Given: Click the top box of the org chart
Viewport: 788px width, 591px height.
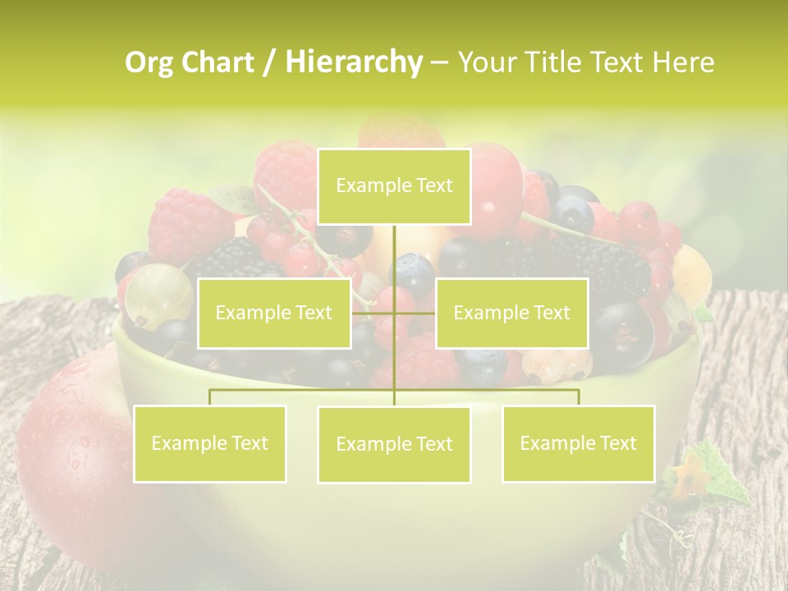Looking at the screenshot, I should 394,186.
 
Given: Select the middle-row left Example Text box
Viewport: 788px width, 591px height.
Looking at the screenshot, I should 274,313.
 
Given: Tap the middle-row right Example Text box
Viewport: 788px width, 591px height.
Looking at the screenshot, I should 511,313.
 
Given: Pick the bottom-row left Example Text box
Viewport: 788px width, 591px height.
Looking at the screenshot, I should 210,443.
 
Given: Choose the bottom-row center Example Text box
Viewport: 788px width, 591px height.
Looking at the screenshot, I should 394,444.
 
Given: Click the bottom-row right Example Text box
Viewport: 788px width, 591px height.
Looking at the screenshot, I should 578,443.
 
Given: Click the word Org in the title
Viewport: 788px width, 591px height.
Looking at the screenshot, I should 148,62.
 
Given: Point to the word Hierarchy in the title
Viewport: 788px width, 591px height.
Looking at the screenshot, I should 354,62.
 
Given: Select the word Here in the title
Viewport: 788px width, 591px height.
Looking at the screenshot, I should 683,62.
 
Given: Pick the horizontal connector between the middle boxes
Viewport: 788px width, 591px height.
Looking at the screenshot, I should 393,313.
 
